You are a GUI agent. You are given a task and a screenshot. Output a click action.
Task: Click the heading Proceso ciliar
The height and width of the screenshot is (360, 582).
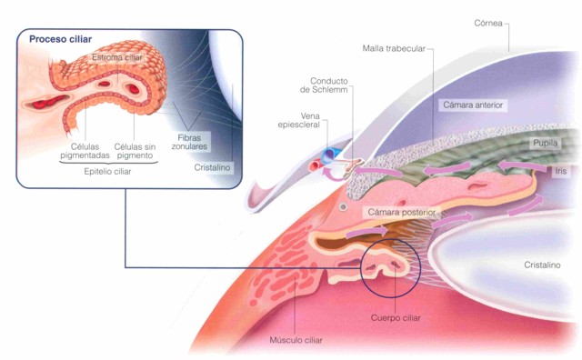61,39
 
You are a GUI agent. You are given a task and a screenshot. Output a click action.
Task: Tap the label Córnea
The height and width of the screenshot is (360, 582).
488,23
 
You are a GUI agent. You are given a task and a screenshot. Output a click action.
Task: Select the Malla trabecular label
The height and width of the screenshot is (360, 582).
394,48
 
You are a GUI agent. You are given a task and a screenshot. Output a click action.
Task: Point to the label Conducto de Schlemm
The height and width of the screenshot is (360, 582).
324,85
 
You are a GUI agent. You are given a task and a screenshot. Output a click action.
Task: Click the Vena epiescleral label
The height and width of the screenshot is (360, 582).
299,121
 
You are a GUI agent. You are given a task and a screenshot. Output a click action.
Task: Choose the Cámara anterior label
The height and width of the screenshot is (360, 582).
473,105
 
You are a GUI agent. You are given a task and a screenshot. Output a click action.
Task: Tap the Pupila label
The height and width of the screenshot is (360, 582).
546,143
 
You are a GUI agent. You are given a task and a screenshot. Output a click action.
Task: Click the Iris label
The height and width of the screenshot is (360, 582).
561,171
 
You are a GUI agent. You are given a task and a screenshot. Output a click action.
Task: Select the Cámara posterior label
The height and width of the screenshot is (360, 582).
402,212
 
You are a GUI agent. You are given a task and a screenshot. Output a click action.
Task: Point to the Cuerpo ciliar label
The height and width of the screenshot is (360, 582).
396,318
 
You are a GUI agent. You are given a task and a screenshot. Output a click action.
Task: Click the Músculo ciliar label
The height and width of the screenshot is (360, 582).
296,340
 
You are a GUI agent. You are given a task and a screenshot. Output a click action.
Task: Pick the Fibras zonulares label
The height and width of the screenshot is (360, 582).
189,142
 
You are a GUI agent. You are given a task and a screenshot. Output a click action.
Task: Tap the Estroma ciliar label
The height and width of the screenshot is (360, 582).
117,57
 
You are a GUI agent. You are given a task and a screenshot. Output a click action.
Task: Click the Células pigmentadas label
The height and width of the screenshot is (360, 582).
85,151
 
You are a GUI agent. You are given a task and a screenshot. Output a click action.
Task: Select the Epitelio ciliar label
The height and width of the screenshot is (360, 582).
107,172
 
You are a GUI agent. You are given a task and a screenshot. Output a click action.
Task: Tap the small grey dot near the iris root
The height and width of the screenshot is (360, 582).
344,206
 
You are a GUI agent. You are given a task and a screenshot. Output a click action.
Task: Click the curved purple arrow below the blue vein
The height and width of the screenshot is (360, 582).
334,175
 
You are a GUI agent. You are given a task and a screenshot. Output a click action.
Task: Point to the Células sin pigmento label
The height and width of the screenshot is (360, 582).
135,151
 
